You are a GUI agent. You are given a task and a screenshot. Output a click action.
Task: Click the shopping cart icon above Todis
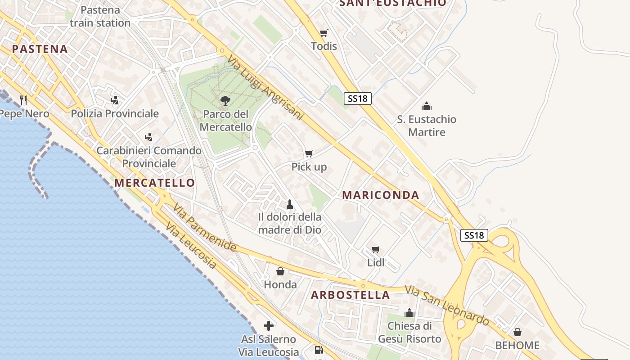(x=324, y=33)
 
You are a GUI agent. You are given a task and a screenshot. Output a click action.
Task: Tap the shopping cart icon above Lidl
(x=376, y=249)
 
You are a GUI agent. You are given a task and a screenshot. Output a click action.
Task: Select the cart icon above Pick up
(x=309, y=154)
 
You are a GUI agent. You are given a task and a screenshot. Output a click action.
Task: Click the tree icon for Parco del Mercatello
(x=225, y=101)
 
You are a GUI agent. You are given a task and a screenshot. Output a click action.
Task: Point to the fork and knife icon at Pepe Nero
(x=23, y=100)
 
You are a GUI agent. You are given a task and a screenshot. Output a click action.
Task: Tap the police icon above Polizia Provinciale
(x=115, y=100)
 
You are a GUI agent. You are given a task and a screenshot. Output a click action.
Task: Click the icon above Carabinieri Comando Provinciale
(x=148, y=137)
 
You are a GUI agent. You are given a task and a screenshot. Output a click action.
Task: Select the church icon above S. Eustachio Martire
(x=426, y=106)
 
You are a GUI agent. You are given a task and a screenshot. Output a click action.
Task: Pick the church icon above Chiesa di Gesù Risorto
(x=409, y=313)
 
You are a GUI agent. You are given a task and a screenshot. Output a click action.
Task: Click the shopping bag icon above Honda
(x=280, y=271)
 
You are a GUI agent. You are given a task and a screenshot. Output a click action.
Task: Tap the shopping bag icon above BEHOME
(x=517, y=332)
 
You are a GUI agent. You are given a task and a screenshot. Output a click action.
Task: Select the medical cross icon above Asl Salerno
(x=269, y=326)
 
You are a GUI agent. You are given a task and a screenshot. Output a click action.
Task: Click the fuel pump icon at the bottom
(x=319, y=350)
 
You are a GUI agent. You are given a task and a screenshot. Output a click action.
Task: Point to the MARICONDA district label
(x=381, y=195)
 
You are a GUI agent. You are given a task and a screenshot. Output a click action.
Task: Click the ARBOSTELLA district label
(x=351, y=295)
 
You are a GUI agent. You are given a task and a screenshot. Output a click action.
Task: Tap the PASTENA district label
(x=40, y=49)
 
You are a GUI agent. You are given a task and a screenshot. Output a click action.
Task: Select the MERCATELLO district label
(x=154, y=183)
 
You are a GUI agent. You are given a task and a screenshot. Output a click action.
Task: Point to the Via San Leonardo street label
(x=447, y=306)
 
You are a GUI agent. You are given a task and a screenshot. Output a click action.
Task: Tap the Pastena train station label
(x=100, y=16)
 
